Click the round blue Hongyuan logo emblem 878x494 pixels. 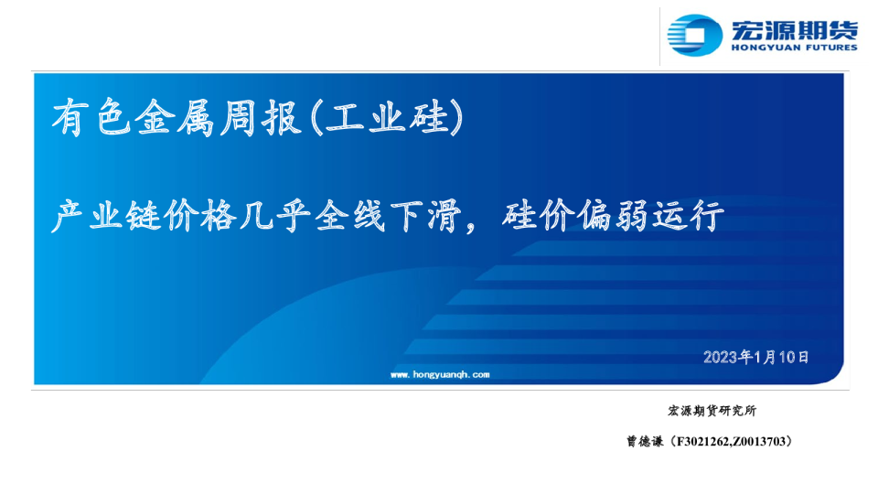(694, 36)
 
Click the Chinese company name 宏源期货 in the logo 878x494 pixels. (794, 29)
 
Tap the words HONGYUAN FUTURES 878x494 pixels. (794, 48)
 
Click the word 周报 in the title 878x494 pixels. (261, 118)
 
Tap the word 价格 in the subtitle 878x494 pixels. (198, 216)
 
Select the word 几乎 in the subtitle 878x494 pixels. (274, 216)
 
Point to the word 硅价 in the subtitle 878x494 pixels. (538, 216)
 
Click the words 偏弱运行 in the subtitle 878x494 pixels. (650, 216)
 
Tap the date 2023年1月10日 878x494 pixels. (756, 357)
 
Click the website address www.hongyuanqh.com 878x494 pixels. (440, 375)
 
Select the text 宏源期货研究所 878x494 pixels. (712, 411)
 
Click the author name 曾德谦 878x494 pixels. (645, 441)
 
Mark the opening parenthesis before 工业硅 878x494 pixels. (317, 118)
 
